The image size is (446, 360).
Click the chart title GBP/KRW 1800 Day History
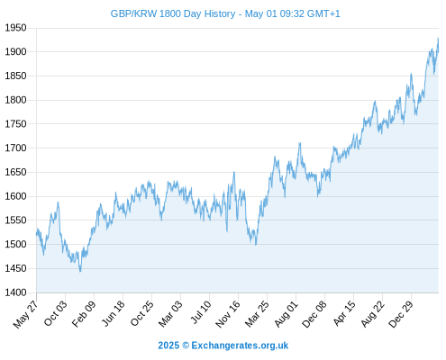click(173, 13)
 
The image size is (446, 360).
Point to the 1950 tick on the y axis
click(15, 28)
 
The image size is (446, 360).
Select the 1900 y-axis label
click(15, 52)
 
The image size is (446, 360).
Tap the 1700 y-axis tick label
click(15, 148)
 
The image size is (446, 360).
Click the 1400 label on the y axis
click(15, 292)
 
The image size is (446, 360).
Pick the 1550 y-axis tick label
click(15, 220)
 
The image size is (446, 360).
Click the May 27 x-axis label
click(26, 314)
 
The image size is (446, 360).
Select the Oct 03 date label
click(56, 313)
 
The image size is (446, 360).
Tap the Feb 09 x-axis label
click(84, 314)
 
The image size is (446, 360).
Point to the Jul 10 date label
click(201, 312)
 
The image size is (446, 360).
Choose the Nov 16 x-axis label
click(228, 314)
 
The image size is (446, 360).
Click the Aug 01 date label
click(287, 314)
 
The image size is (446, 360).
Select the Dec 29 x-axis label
click(401, 314)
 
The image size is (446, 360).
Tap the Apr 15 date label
click(344, 313)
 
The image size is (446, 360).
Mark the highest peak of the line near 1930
click(438, 38)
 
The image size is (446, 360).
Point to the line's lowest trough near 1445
click(80, 272)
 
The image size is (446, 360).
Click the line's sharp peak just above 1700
click(300, 143)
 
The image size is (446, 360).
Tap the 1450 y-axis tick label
click(15, 268)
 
